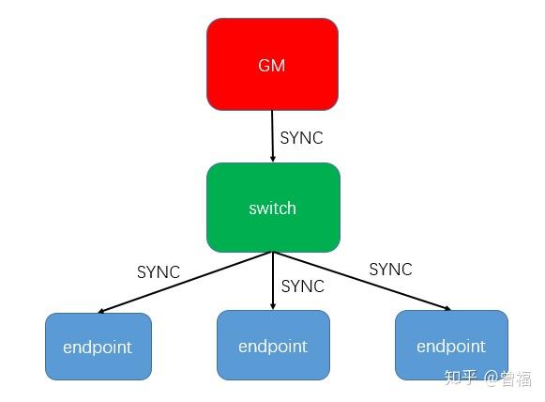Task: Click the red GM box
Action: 272,65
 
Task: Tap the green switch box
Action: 273,208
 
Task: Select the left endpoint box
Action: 98,347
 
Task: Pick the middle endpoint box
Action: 273,345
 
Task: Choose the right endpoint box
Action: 451,345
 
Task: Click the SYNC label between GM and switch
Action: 301,138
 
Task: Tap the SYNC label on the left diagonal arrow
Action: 159,271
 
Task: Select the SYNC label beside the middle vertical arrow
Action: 303,286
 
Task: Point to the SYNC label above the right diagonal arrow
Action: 390,269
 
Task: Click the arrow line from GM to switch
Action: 272,136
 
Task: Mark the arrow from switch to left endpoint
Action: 186,283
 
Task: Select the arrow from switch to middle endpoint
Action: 273,281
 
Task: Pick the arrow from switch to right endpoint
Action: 361,281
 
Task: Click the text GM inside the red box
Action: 271,65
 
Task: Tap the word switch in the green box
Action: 272,209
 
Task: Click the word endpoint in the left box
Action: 98,348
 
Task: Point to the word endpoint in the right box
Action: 451,347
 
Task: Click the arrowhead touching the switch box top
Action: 273,159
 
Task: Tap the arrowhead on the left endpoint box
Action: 101,311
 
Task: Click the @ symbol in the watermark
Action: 492,379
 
